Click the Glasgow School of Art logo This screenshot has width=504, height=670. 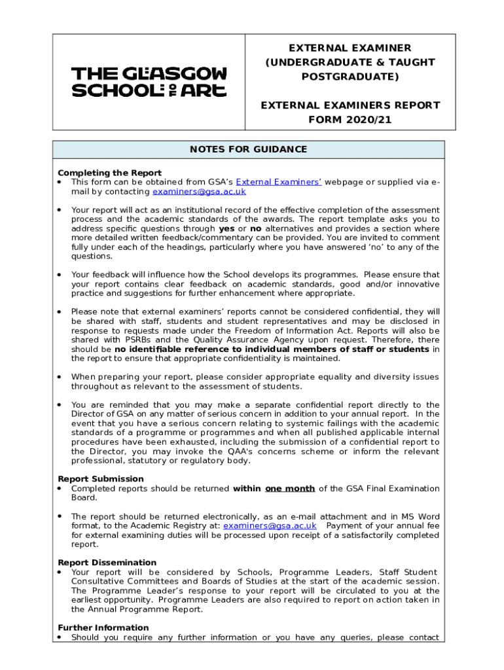pyautogui.click(x=149, y=82)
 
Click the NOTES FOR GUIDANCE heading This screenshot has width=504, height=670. pyautogui.click(x=248, y=150)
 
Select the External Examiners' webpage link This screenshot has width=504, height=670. pyautogui.click(x=278, y=183)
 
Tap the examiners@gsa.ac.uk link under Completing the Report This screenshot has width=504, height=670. pyautogui.click(x=199, y=192)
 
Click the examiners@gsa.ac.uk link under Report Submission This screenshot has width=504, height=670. pyautogui.click(x=270, y=526)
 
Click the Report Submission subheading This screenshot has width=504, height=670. pyautogui.click(x=101, y=479)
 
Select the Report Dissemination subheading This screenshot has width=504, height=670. pyautogui.click(x=107, y=563)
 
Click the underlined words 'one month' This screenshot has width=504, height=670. pyautogui.click(x=290, y=489)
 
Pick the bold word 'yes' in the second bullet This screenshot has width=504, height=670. pyautogui.click(x=226, y=229)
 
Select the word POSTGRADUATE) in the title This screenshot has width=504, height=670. pyautogui.click(x=350, y=77)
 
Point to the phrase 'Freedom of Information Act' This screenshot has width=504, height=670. pyautogui.click(x=364, y=331)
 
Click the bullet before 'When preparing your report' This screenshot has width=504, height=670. pyautogui.click(x=60, y=377)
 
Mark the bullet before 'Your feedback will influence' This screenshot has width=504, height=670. pyautogui.click(x=60, y=275)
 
